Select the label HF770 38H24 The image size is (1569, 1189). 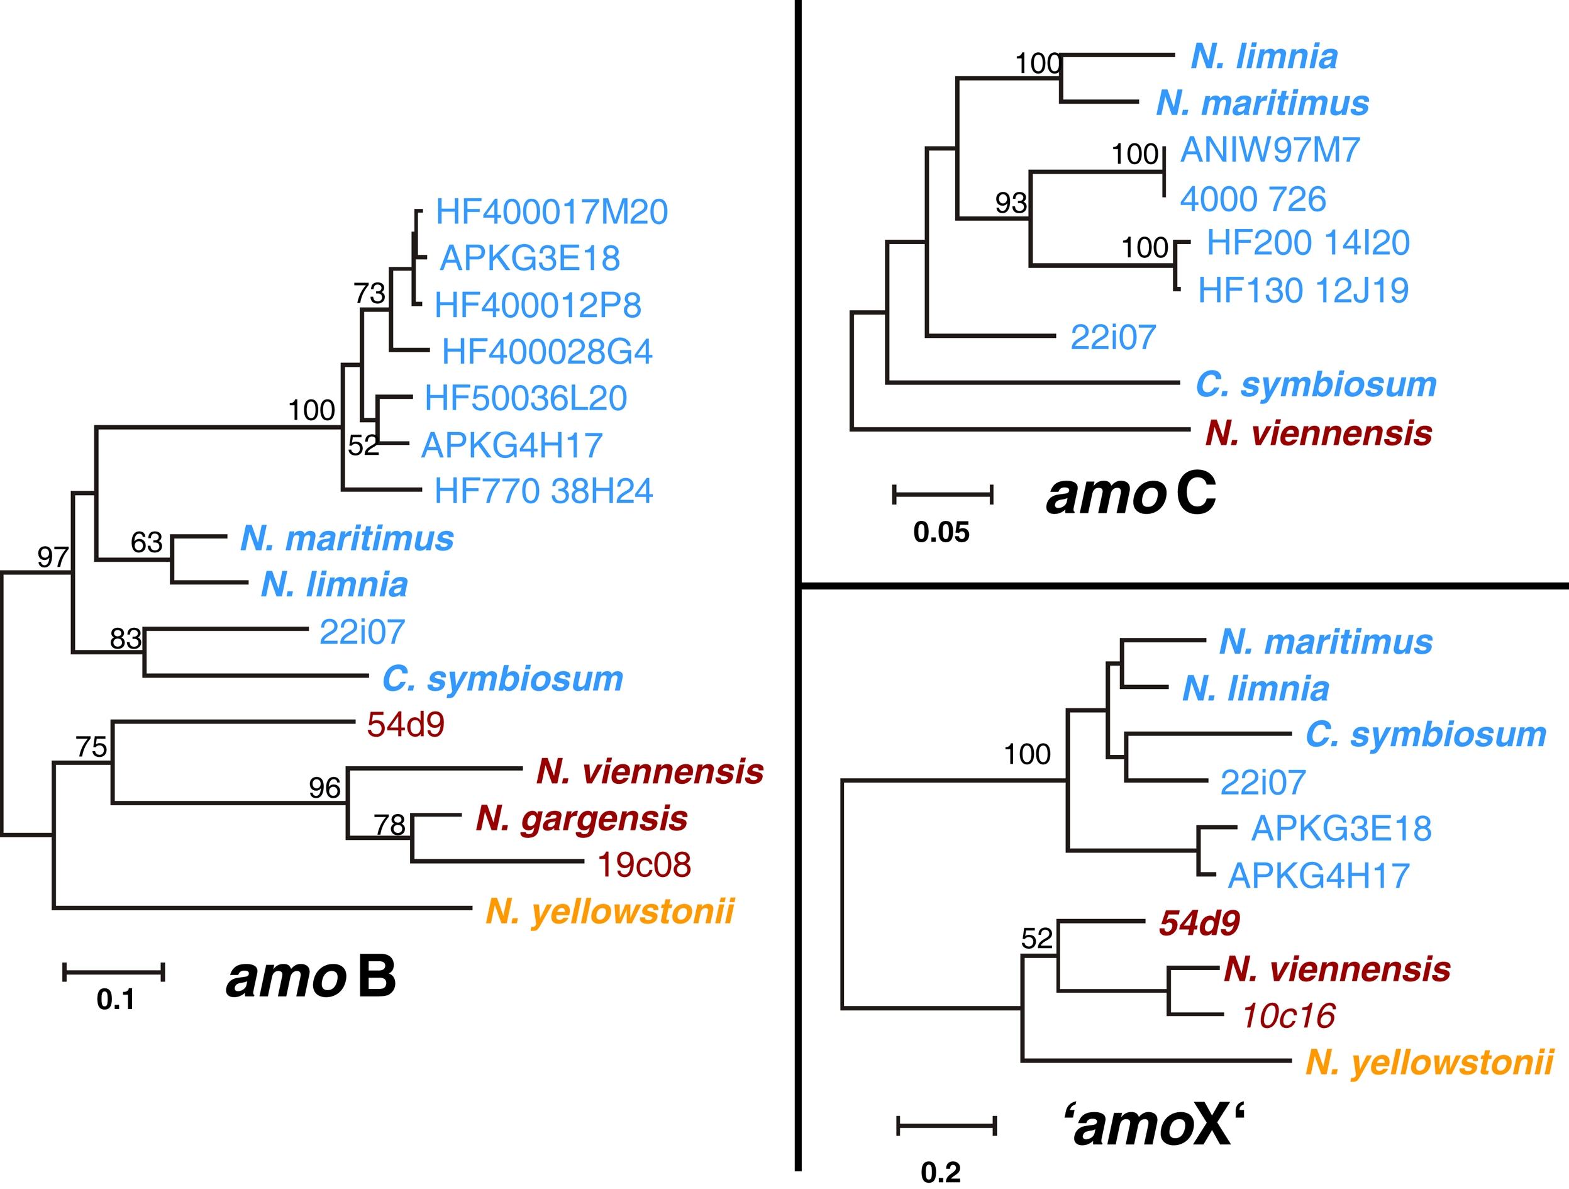click(543, 491)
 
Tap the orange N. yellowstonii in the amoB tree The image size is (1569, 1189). click(609, 911)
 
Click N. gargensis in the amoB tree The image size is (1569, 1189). click(581, 818)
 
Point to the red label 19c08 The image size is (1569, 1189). click(643, 865)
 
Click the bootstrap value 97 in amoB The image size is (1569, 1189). click(53, 557)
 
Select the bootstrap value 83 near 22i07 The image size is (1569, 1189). click(126, 639)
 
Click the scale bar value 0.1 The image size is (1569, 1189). click(116, 1000)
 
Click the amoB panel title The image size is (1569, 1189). click(311, 977)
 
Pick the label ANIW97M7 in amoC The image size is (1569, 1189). click(1270, 150)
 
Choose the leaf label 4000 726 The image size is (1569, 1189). click(1253, 199)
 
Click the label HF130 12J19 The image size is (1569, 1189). click(1303, 290)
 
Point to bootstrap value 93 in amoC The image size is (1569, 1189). click(1011, 204)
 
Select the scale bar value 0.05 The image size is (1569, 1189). click(941, 532)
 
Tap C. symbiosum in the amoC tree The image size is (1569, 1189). click(1316, 384)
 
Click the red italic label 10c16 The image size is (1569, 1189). click(1288, 1016)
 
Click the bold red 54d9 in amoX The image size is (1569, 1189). click(1199, 923)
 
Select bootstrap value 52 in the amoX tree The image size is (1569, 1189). click(1036, 939)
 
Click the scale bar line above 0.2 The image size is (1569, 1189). click(946, 1126)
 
